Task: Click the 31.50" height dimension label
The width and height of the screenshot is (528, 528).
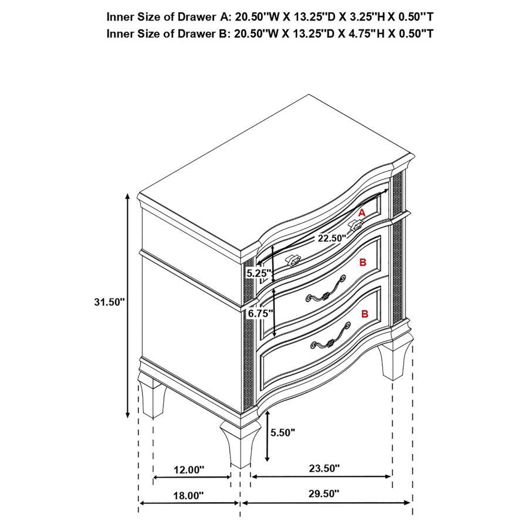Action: [110, 302]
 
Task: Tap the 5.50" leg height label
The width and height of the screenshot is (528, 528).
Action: [283, 433]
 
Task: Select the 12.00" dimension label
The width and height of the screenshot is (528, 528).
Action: [189, 469]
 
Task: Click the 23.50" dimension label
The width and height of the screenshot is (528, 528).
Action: [324, 468]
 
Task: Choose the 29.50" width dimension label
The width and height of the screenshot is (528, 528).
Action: [323, 494]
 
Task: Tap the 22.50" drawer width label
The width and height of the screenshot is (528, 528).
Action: [332, 238]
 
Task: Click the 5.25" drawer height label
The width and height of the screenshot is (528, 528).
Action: [258, 273]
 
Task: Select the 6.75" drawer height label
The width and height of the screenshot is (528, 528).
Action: [260, 313]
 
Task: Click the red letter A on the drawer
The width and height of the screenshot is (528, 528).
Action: [362, 213]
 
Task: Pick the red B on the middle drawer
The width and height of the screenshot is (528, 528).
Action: [363, 262]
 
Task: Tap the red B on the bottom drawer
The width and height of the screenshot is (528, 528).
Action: [365, 314]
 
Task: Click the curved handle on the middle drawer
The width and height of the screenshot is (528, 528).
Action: [323, 292]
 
